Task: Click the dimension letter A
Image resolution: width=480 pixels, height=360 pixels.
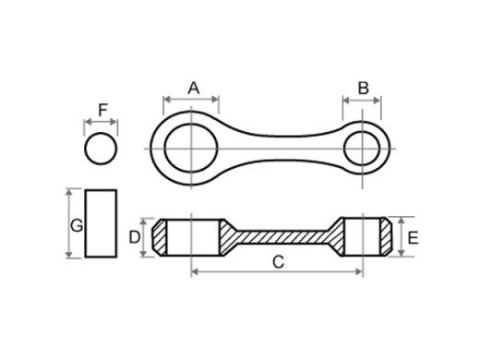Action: [194, 89]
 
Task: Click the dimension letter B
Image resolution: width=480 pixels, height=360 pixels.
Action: [364, 89]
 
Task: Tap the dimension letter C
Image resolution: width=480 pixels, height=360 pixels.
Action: [279, 262]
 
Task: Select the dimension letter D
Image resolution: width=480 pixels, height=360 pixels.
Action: [135, 237]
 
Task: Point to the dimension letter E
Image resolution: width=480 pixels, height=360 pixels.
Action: [413, 238]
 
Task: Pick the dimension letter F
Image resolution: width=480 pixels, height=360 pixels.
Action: [103, 110]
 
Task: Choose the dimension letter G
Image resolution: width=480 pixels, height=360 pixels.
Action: [77, 225]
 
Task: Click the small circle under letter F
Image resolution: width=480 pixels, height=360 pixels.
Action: [101, 149]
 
